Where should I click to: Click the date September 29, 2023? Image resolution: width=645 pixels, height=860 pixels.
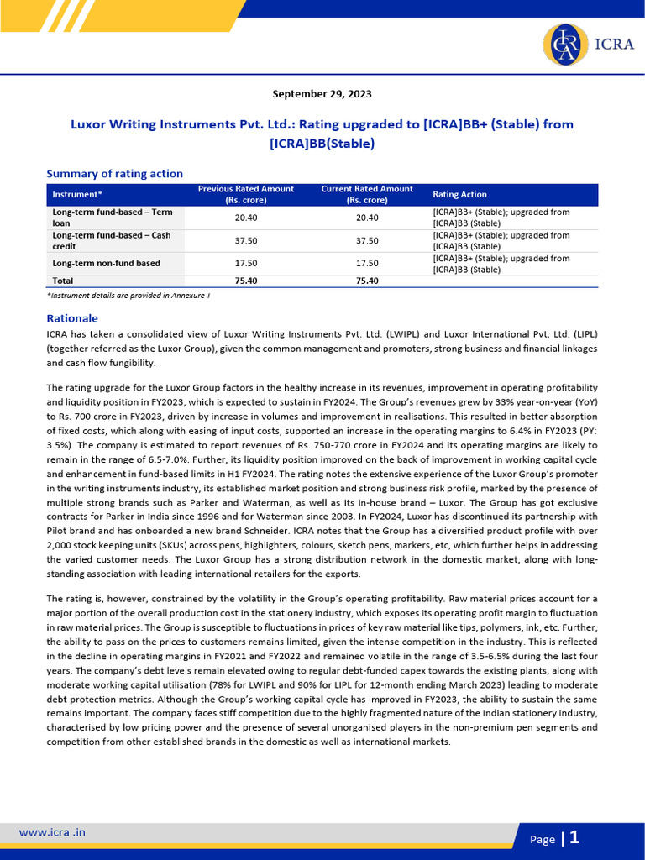(322, 94)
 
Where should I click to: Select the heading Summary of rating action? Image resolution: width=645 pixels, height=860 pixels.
(114, 174)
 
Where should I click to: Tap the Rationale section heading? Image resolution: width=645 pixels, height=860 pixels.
(72, 318)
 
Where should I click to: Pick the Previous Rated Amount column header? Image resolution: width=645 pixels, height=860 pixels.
(246, 195)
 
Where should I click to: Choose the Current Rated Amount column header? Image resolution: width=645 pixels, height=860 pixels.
(367, 195)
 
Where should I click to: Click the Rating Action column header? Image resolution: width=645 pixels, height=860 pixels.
(459, 195)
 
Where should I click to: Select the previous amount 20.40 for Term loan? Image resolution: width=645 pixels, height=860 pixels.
(246, 218)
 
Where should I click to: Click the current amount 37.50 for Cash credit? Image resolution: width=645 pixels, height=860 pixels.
(367, 241)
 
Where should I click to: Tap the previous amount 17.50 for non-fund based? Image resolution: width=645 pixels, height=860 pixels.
(246, 264)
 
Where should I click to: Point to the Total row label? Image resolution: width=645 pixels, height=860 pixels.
(63, 281)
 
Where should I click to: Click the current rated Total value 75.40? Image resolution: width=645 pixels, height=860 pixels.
(367, 281)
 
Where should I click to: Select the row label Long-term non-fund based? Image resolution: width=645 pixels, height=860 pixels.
(106, 264)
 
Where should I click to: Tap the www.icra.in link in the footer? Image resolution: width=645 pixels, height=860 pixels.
(52, 832)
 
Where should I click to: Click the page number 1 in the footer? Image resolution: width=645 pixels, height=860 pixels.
(574, 837)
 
